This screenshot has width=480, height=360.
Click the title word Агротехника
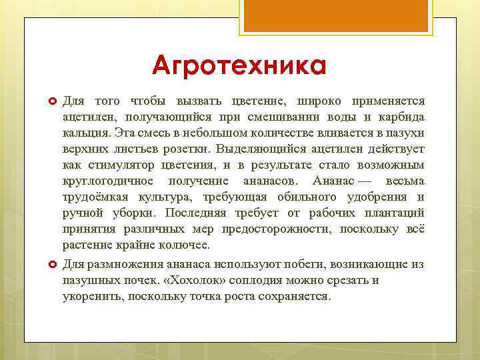click(x=239, y=66)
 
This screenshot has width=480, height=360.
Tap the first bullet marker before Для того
click(x=51, y=101)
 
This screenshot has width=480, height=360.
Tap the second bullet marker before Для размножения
click(x=51, y=265)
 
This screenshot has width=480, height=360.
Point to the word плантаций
click(x=394, y=213)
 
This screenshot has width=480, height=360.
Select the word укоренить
click(x=92, y=296)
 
